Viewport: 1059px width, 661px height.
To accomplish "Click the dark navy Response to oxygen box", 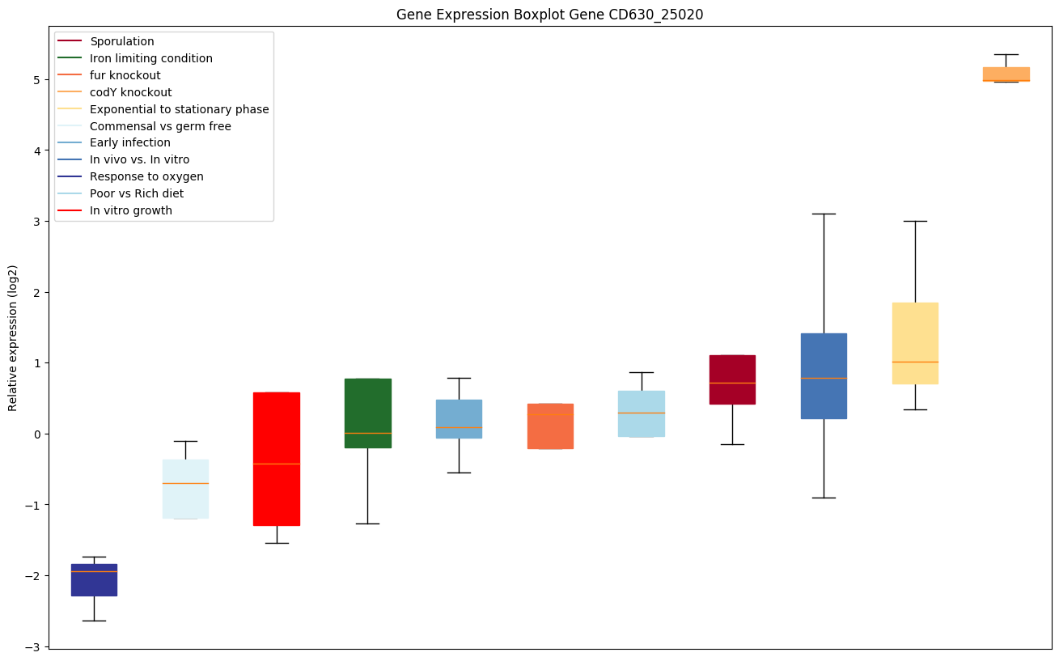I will [94, 579].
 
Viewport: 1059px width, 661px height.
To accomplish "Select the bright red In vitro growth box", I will [277, 459].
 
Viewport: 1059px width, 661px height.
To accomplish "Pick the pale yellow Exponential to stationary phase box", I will [915, 343].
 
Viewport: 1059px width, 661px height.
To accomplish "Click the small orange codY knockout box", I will [1006, 74].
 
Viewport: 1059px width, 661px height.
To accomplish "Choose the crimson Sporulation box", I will [732, 379].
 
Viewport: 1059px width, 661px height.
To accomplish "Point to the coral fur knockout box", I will [550, 426].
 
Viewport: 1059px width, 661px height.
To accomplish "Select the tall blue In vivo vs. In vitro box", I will [824, 375].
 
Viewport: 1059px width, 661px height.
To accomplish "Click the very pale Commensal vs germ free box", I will [185, 489].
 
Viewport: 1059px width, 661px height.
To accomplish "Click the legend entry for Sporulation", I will [122, 41].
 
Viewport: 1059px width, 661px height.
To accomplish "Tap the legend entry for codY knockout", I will [130, 92].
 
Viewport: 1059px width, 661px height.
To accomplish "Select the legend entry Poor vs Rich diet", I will [137, 193].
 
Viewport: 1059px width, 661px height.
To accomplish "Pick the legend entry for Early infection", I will [130, 143].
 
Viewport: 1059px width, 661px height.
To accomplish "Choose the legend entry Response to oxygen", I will [146, 176].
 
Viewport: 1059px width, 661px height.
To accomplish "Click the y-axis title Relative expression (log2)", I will [13, 337].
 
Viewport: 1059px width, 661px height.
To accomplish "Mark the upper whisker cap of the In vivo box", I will [824, 214].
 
